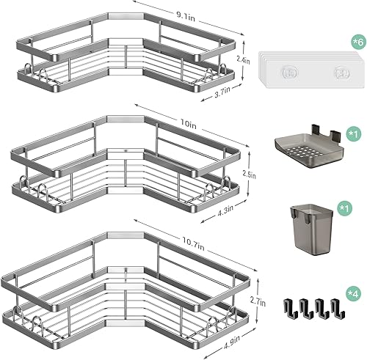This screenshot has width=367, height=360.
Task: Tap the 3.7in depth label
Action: point(222,89)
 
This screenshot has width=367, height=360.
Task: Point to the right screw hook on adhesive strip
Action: point(338,72)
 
